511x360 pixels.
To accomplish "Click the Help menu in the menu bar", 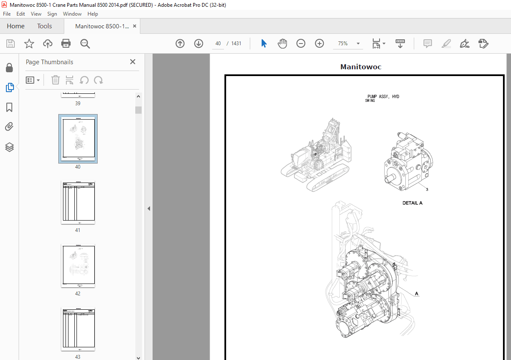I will click(93, 14).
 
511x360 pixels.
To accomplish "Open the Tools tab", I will click(44, 26).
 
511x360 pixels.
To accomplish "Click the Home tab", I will click(16, 26).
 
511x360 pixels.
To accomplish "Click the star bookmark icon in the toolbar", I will click(29, 44).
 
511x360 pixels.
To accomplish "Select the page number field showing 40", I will click(218, 44).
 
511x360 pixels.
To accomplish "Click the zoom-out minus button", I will click(301, 44).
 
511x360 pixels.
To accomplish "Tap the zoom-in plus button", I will click(320, 44).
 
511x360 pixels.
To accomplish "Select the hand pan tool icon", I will click(282, 44).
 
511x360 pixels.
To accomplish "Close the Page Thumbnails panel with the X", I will click(133, 62).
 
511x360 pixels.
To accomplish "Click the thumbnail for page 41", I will click(78, 203).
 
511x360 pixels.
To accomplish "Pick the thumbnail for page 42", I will click(78, 266).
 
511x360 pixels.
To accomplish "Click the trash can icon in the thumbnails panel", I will click(55, 80).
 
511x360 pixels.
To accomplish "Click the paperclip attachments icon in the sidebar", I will click(10, 127).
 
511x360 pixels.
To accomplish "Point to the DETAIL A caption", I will click(412, 203).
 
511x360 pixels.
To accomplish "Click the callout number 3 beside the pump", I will click(427, 189).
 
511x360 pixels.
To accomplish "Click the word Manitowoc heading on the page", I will click(361, 67).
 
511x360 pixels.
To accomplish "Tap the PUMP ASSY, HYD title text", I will click(383, 97).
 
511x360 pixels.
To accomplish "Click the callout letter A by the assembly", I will click(417, 293).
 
